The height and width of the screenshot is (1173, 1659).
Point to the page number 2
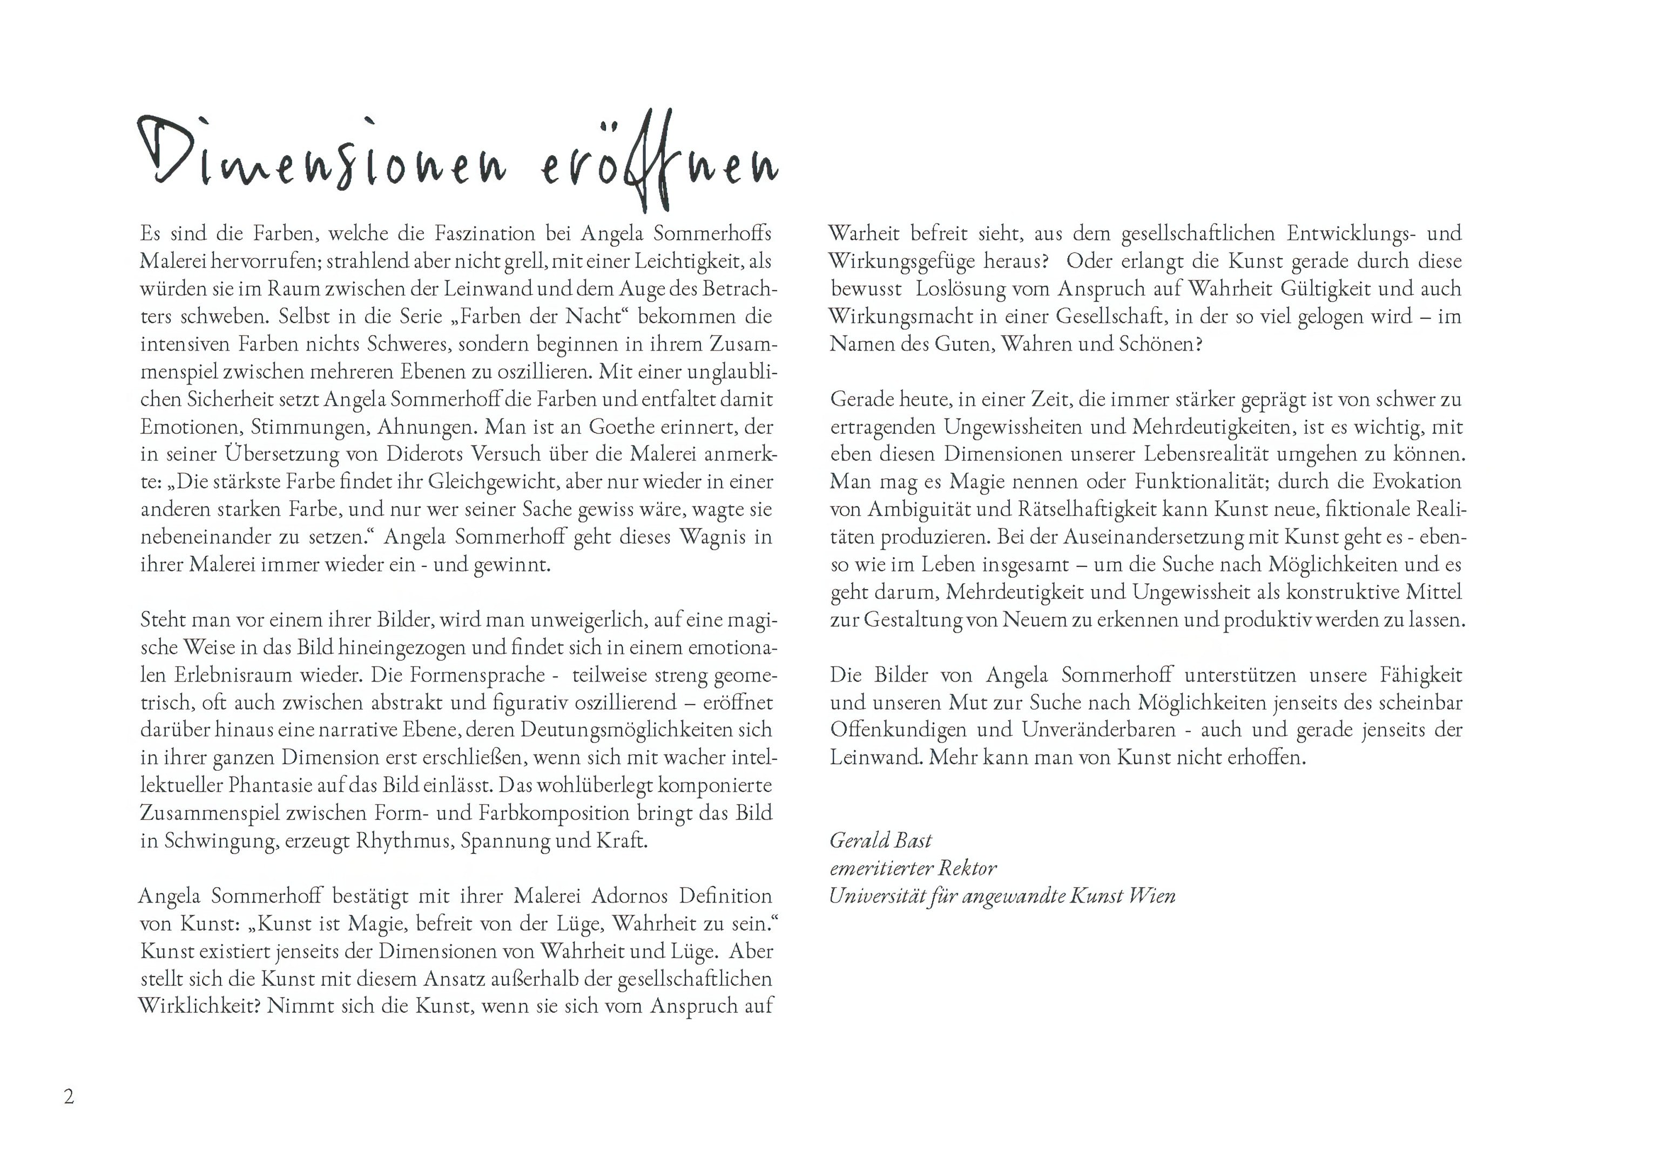point(69,1096)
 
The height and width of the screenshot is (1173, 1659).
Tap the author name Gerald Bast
point(880,840)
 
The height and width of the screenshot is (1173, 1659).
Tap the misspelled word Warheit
point(864,233)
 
